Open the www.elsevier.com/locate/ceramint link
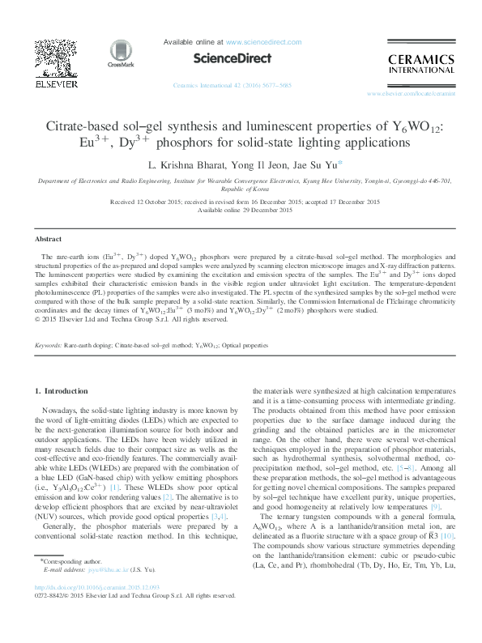tap(422, 94)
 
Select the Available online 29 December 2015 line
tap(241, 210)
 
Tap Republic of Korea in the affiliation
tap(241, 191)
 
